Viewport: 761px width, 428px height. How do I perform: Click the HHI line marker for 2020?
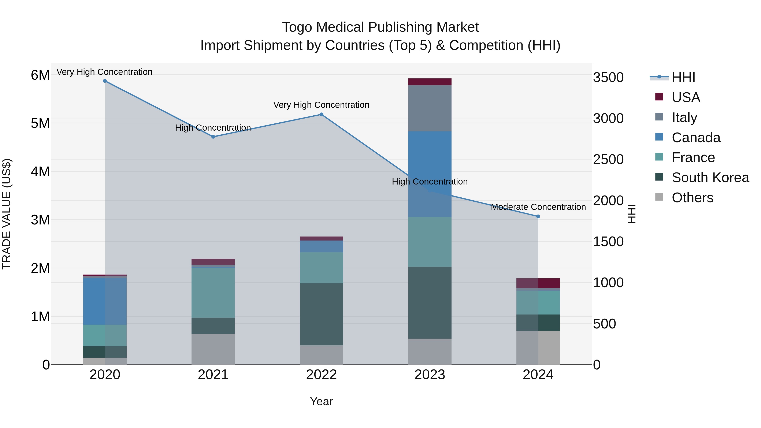105,81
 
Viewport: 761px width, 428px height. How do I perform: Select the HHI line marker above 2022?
321,115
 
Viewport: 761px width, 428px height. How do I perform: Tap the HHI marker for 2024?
538,216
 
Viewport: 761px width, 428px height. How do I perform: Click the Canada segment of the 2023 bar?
430,160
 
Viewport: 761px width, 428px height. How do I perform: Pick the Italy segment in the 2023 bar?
430,108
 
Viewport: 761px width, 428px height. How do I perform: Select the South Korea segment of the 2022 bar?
321,314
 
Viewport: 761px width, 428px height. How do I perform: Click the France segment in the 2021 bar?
213,293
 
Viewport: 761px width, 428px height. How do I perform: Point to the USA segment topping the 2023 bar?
430,82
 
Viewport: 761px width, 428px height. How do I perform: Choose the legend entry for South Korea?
710,178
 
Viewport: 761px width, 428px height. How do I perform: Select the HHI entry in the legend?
683,77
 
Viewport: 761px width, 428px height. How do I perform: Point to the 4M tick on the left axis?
40,172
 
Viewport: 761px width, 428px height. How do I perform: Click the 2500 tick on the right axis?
608,160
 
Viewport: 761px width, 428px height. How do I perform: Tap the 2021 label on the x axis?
213,375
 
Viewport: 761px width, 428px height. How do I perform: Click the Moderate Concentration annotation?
538,207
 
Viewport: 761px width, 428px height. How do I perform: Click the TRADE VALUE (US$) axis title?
7,214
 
